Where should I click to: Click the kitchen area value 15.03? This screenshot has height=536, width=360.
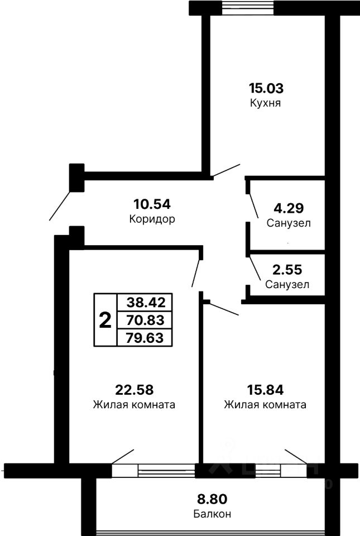(x=265, y=88)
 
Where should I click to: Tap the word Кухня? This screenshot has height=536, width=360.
(x=265, y=104)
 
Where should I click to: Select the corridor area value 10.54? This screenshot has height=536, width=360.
(x=151, y=203)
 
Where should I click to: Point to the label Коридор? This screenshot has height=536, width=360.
(x=151, y=219)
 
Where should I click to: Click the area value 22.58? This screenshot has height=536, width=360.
(x=135, y=389)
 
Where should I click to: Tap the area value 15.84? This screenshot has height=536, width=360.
(x=266, y=389)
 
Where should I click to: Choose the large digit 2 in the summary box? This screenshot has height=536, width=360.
(x=104, y=320)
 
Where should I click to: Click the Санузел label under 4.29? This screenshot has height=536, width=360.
(x=288, y=223)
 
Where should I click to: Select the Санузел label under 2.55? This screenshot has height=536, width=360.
(x=287, y=284)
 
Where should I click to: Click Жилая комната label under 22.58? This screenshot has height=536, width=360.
(x=135, y=405)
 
